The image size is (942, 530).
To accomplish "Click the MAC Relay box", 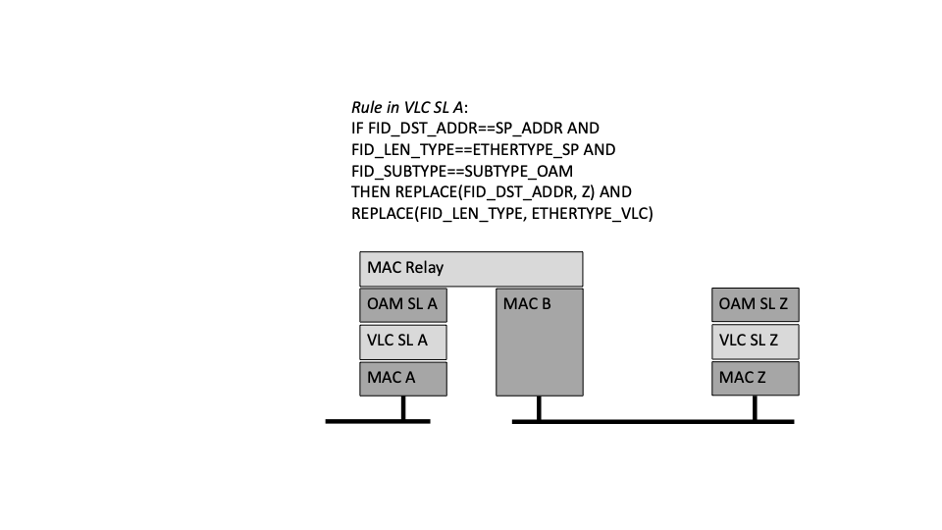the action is click(471, 269).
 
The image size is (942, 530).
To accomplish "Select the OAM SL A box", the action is click(403, 305).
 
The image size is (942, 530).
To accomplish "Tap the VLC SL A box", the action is click(403, 342).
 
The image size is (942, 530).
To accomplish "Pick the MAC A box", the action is click(403, 379).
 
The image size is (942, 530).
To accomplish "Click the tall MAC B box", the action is click(540, 342).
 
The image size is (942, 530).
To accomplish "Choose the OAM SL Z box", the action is click(756, 304).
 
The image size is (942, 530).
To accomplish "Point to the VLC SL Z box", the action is click(756, 342).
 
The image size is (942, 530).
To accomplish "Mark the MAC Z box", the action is click(756, 378).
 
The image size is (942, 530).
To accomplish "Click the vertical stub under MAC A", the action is click(403, 408).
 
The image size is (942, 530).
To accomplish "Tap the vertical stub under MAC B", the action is click(539, 408).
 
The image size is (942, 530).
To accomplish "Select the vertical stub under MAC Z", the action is click(755, 408).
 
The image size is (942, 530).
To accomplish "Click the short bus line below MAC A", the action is click(378, 422).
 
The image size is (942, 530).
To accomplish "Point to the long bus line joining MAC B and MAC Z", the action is click(654, 422).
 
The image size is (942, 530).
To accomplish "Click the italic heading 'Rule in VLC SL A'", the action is click(407, 108).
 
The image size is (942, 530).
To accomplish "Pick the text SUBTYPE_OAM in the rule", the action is click(518, 171).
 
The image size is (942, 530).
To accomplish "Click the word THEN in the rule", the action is click(371, 192).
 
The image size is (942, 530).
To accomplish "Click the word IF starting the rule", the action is click(357, 129).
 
